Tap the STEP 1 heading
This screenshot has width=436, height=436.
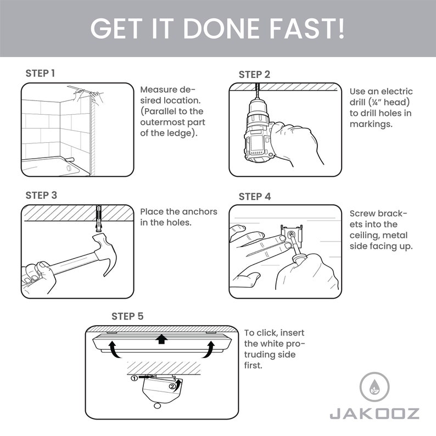click(x=40, y=73)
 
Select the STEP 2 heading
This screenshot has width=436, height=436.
click(x=254, y=74)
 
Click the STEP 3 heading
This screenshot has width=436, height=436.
click(x=41, y=195)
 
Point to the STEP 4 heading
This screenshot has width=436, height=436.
click(x=254, y=197)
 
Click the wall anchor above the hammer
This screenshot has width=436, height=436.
click(x=99, y=217)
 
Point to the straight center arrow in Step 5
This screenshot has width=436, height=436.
click(x=161, y=339)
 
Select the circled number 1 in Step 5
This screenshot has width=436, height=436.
click(x=133, y=378)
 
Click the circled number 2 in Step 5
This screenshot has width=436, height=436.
click(x=173, y=386)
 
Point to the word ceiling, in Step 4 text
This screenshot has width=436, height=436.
click(x=365, y=235)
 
